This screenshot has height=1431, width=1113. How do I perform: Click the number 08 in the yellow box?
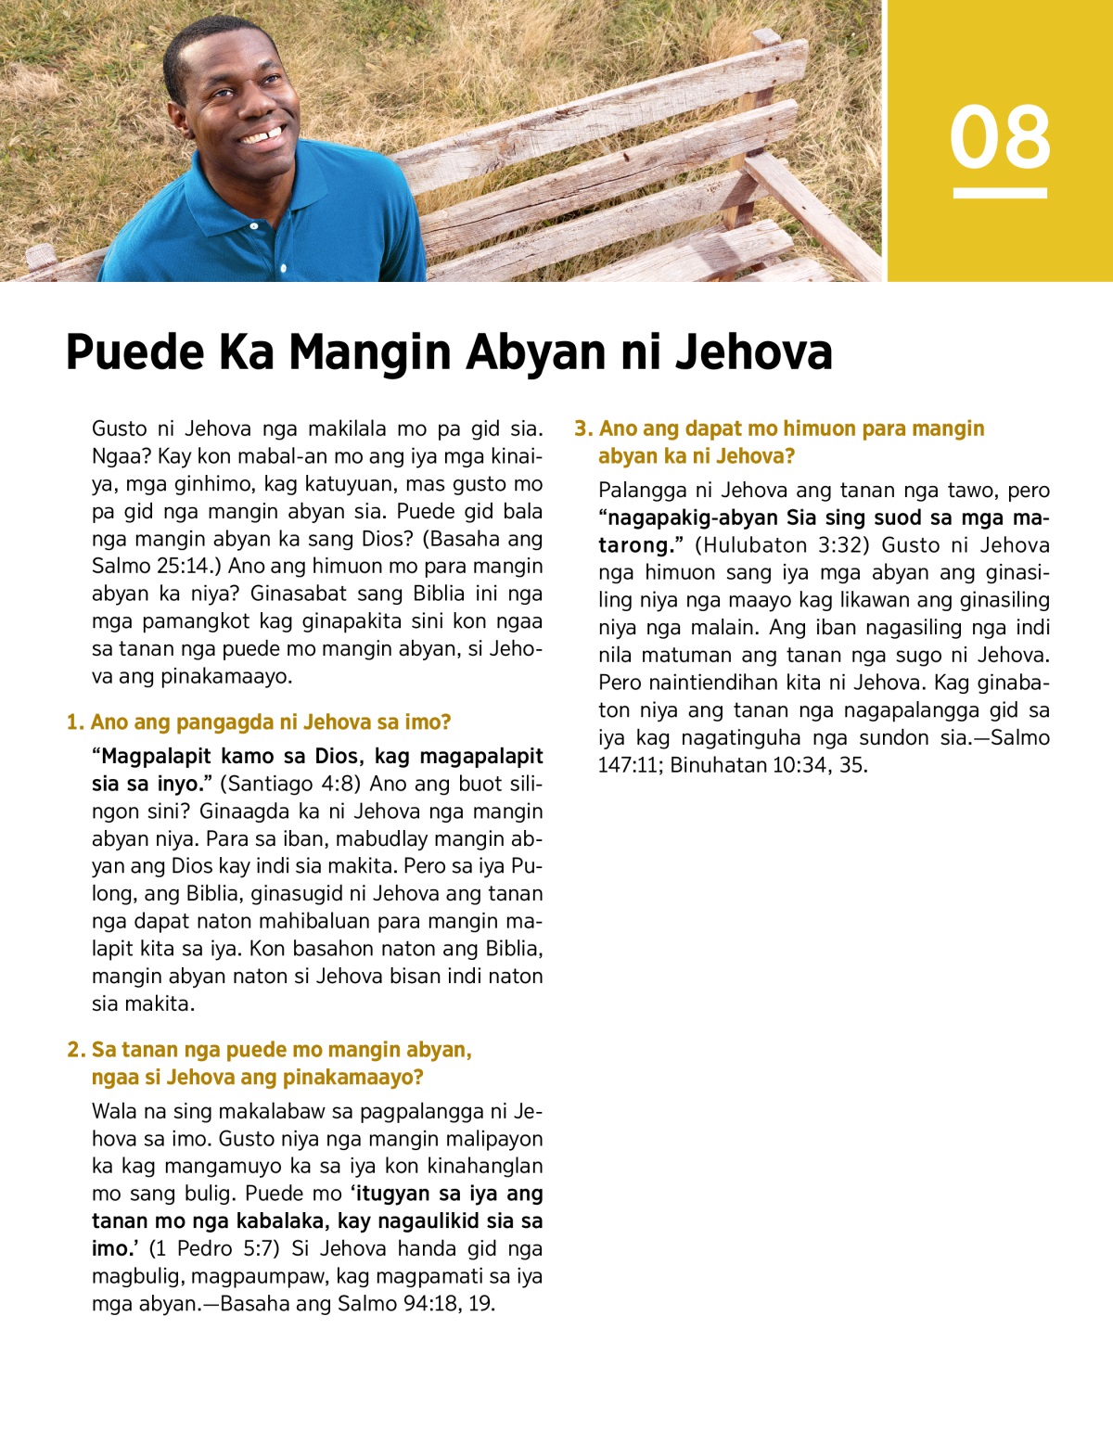pyautogui.click(x=1000, y=137)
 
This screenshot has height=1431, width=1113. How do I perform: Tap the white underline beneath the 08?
pyautogui.click(x=1000, y=193)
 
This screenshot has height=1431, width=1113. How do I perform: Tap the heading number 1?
pyautogui.click(x=74, y=722)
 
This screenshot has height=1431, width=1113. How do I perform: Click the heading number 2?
pyautogui.click(x=75, y=1050)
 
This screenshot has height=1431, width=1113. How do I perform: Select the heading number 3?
pyautogui.click(x=582, y=428)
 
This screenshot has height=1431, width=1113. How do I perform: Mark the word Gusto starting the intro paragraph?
pyautogui.click(x=120, y=428)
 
